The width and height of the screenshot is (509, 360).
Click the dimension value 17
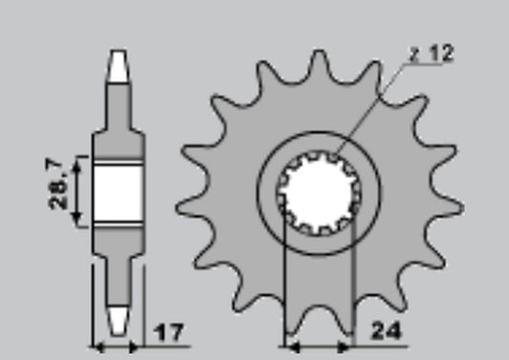click(169, 332)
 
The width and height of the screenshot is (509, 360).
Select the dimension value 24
click(387, 330)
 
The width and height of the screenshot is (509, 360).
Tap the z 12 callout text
click(431, 53)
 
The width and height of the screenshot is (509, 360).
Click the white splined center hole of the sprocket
click(318, 194)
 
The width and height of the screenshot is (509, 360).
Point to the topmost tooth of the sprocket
click(318, 65)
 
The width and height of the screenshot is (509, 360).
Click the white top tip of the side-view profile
click(118, 66)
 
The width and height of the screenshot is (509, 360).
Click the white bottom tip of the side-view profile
click(118, 321)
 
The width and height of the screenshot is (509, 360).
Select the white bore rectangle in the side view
click(118, 194)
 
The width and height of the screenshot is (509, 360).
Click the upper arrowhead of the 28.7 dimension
click(76, 164)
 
